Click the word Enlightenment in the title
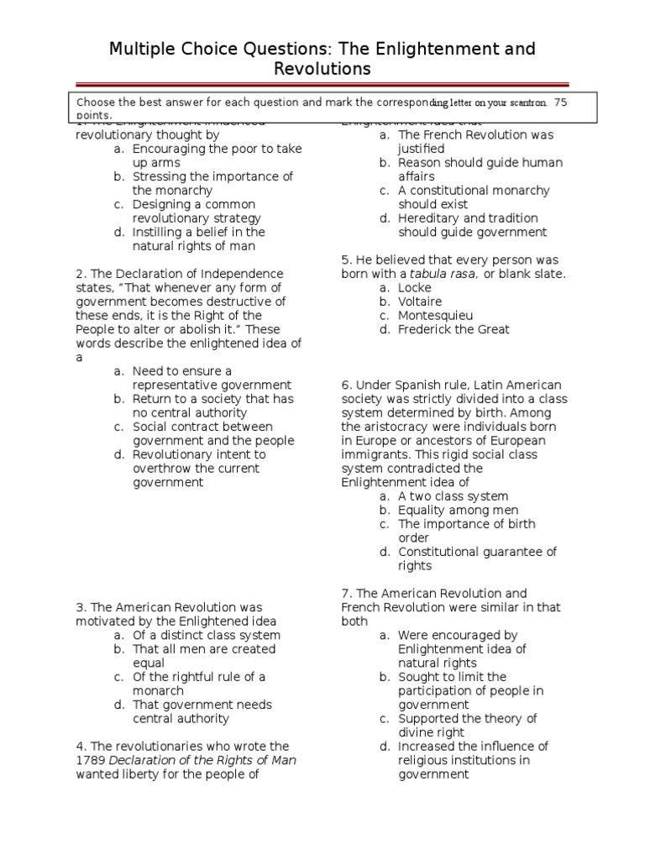(439, 50)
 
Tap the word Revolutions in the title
(322, 69)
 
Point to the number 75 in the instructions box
(560, 102)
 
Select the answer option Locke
(414, 287)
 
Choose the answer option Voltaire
(419, 302)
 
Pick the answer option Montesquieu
(435, 315)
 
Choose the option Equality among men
(458, 510)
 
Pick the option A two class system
(453, 496)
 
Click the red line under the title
(322, 83)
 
